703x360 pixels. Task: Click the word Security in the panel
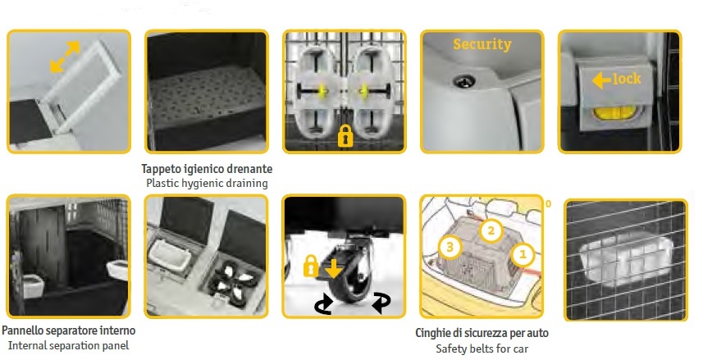click(x=482, y=44)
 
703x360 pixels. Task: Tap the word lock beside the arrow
click(x=627, y=79)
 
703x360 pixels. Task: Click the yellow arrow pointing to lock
click(x=601, y=80)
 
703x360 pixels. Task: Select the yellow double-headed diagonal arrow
click(x=65, y=57)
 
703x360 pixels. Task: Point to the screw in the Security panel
click(x=462, y=81)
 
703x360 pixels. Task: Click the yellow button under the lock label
click(x=615, y=112)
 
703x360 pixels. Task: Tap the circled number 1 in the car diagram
click(x=523, y=255)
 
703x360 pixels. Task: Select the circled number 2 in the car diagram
click(x=491, y=231)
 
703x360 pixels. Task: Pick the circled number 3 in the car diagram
click(x=450, y=247)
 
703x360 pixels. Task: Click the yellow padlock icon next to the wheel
click(x=311, y=266)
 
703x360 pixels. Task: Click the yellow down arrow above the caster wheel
click(x=333, y=268)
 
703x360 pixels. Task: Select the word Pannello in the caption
click(x=22, y=330)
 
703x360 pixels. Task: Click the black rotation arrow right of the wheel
click(x=381, y=303)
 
